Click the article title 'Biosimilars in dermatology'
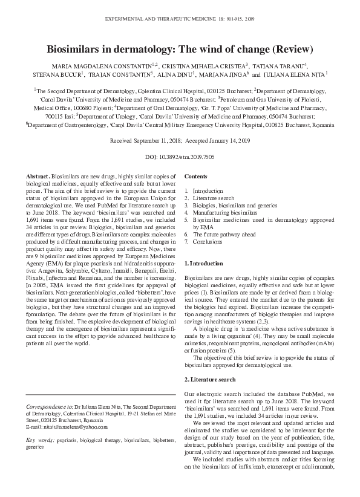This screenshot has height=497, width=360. (179, 49)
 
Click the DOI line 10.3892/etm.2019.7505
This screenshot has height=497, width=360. (179, 157)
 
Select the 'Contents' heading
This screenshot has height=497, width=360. (195, 175)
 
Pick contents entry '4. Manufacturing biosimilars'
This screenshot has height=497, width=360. (220, 213)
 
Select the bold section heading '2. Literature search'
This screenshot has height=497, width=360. (209, 379)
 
